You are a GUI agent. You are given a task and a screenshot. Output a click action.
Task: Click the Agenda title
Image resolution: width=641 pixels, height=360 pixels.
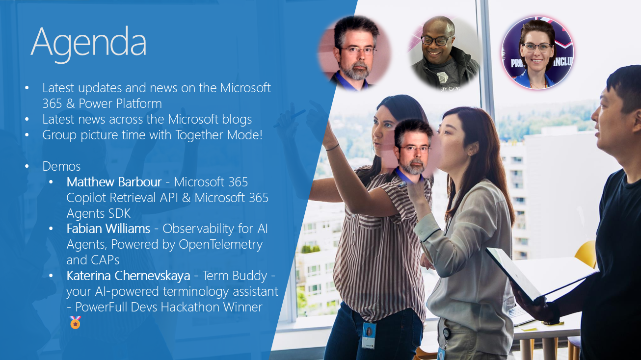[x=89, y=43]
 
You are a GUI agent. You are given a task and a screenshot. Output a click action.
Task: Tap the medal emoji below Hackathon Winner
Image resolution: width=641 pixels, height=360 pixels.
[x=75, y=322]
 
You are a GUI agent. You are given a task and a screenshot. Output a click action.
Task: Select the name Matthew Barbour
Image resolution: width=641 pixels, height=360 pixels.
[x=114, y=182]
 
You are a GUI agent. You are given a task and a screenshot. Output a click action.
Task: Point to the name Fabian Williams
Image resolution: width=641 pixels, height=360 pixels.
[x=108, y=229]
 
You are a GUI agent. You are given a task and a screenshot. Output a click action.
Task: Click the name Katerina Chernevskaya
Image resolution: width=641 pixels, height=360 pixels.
[x=128, y=276]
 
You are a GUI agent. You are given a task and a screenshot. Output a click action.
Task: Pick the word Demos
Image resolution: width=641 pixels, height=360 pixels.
[x=61, y=166]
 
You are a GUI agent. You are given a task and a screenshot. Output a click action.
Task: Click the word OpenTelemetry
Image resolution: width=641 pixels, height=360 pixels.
[x=221, y=245]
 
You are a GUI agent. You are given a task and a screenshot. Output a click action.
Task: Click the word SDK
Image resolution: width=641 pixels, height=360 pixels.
[x=120, y=213]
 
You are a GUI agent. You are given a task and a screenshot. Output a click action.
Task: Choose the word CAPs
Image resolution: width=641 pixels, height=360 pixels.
[x=105, y=260]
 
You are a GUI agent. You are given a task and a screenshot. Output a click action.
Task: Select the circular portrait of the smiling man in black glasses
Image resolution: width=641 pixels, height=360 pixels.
[x=444, y=53]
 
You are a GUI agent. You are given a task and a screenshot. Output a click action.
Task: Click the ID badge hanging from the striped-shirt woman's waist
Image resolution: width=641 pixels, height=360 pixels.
[x=369, y=335]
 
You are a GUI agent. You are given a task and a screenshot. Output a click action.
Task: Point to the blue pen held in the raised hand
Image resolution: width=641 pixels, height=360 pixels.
[x=289, y=118]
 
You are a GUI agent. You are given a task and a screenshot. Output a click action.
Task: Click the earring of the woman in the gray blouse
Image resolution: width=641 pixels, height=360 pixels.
[x=470, y=156]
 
